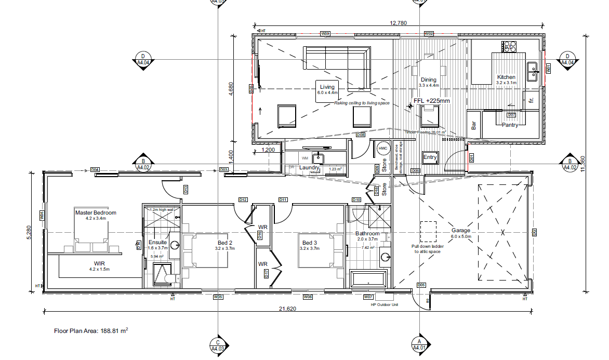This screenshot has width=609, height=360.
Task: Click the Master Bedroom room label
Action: click(x=96, y=212)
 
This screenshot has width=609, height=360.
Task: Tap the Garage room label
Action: click(x=460, y=230)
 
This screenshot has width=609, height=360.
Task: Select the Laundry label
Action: click(x=309, y=167)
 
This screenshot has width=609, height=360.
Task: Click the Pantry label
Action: click(x=510, y=125)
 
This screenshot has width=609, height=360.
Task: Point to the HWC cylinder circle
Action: click(x=383, y=149)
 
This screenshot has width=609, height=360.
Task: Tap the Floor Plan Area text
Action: click(x=91, y=330)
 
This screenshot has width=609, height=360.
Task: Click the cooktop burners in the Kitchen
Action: click(x=509, y=47)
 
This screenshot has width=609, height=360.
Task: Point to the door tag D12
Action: click(x=243, y=199)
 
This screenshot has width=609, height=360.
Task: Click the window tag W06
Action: click(x=308, y=297)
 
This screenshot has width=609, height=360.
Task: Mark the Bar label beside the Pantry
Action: click(x=473, y=125)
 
